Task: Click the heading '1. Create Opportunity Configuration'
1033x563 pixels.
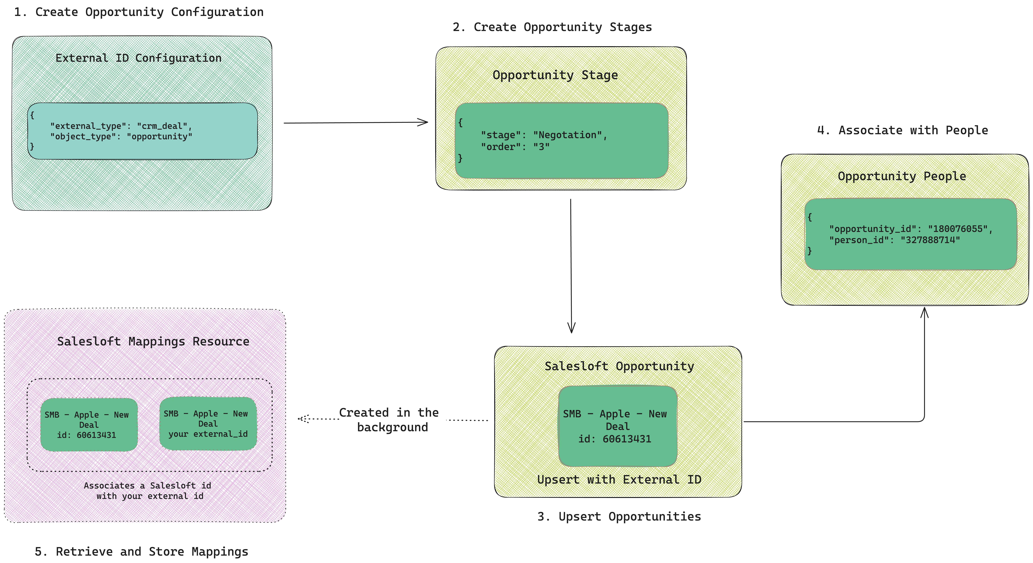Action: [139, 12]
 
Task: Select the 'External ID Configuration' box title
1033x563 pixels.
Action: [138, 58]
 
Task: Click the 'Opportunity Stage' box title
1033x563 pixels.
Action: [555, 75]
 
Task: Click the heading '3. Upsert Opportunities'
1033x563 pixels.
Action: [619, 516]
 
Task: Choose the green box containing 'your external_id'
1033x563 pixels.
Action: [208, 424]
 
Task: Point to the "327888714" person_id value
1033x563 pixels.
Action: [930, 240]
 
